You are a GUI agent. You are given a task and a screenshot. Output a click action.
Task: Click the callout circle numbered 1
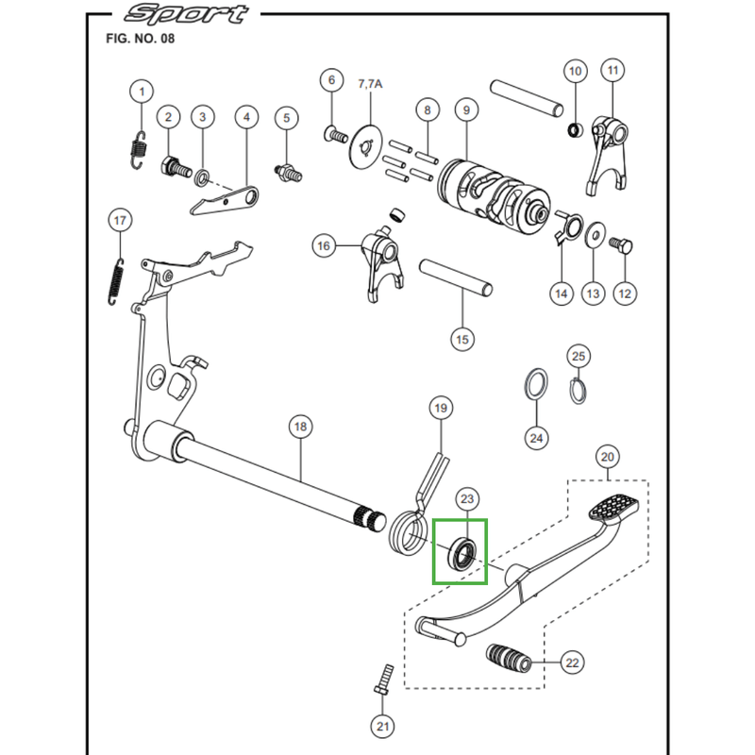pyautogui.click(x=142, y=92)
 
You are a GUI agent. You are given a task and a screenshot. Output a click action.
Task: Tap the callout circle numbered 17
pyautogui.click(x=120, y=221)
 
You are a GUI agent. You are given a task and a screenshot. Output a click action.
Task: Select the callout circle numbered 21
pyautogui.click(x=381, y=726)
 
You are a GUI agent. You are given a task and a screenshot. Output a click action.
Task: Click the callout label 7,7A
pyautogui.click(x=370, y=84)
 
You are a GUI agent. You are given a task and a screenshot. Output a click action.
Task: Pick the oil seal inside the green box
pyautogui.click(x=461, y=552)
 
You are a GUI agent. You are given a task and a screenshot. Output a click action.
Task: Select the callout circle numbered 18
pyautogui.click(x=300, y=428)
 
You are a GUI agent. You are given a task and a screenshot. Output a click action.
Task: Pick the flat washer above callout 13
pyautogui.click(x=595, y=233)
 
